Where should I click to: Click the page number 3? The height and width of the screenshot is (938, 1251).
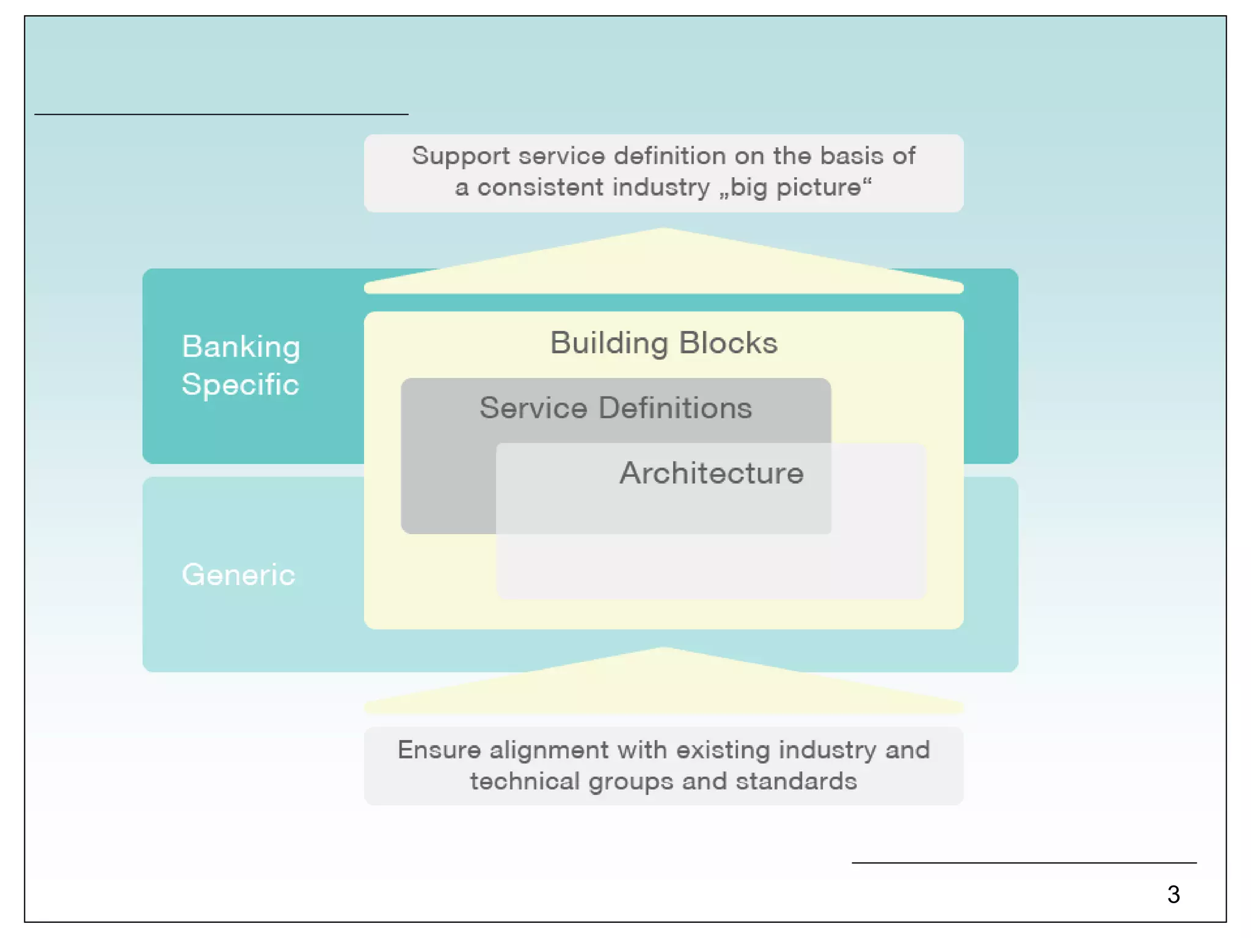tap(1173, 895)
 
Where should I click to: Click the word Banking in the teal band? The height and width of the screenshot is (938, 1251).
tap(241, 347)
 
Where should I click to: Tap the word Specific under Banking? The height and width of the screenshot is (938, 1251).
tap(240, 385)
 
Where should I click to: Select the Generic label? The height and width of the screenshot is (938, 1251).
tap(238, 575)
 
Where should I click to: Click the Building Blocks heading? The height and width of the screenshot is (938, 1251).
tap(663, 343)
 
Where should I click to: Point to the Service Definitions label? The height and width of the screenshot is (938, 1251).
tap(615, 408)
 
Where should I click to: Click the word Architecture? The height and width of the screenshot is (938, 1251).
tap(711, 473)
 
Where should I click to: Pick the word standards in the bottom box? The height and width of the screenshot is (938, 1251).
tap(796, 782)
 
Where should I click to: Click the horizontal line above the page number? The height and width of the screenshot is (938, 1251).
tap(1024, 862)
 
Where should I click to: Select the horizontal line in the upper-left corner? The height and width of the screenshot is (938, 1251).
tap(221, 114)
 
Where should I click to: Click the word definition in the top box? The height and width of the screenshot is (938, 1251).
tap(670, 156)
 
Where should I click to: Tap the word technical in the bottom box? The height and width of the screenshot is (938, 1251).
tap(525, 782)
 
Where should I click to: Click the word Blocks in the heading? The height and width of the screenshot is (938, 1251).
tap(728, 343)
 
